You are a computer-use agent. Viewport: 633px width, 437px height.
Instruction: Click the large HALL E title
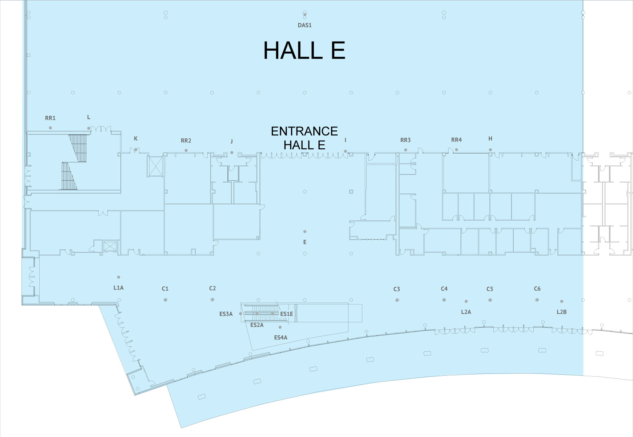click(x=304, y=50)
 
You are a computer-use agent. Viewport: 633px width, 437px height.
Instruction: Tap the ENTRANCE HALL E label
click(x=304, y=138)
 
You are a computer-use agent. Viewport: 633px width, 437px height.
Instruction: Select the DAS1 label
click(x=305, y=25)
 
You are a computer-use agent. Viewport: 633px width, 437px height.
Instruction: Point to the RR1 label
click(x=50, y=118)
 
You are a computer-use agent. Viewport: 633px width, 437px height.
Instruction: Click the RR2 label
click(x=186, y=141)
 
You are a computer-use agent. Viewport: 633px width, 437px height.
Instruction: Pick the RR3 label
click(x=406, y=140)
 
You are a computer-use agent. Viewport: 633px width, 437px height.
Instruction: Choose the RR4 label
click(x=457, y=140)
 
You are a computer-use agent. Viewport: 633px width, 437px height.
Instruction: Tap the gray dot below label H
click(x=490, y=150)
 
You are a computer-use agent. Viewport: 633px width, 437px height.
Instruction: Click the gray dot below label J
click(x=232, y=152)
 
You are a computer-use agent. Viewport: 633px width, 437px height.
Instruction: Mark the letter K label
click(x=136, y=138)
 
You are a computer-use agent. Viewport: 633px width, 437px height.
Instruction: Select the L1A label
click(x=119, y=288)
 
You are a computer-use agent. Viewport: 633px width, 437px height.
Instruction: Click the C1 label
click(x=165, y=288)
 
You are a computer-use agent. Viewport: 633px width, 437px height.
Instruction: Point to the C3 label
click(x=397, y=289)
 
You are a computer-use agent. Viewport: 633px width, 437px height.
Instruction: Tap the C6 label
click(x=537, y=289)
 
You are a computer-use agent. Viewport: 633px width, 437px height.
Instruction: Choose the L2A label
click(x=466, y=312)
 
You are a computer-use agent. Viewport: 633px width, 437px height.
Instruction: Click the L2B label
click(x=562, y=312)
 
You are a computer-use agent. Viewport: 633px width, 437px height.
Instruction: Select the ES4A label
click(x=281, y=338)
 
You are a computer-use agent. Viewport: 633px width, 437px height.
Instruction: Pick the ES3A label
click(x=226, y=314)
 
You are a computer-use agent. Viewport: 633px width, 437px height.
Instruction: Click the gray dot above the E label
click(x=305, y=232)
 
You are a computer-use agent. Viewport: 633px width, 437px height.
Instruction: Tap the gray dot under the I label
click(x=346, y=151)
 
